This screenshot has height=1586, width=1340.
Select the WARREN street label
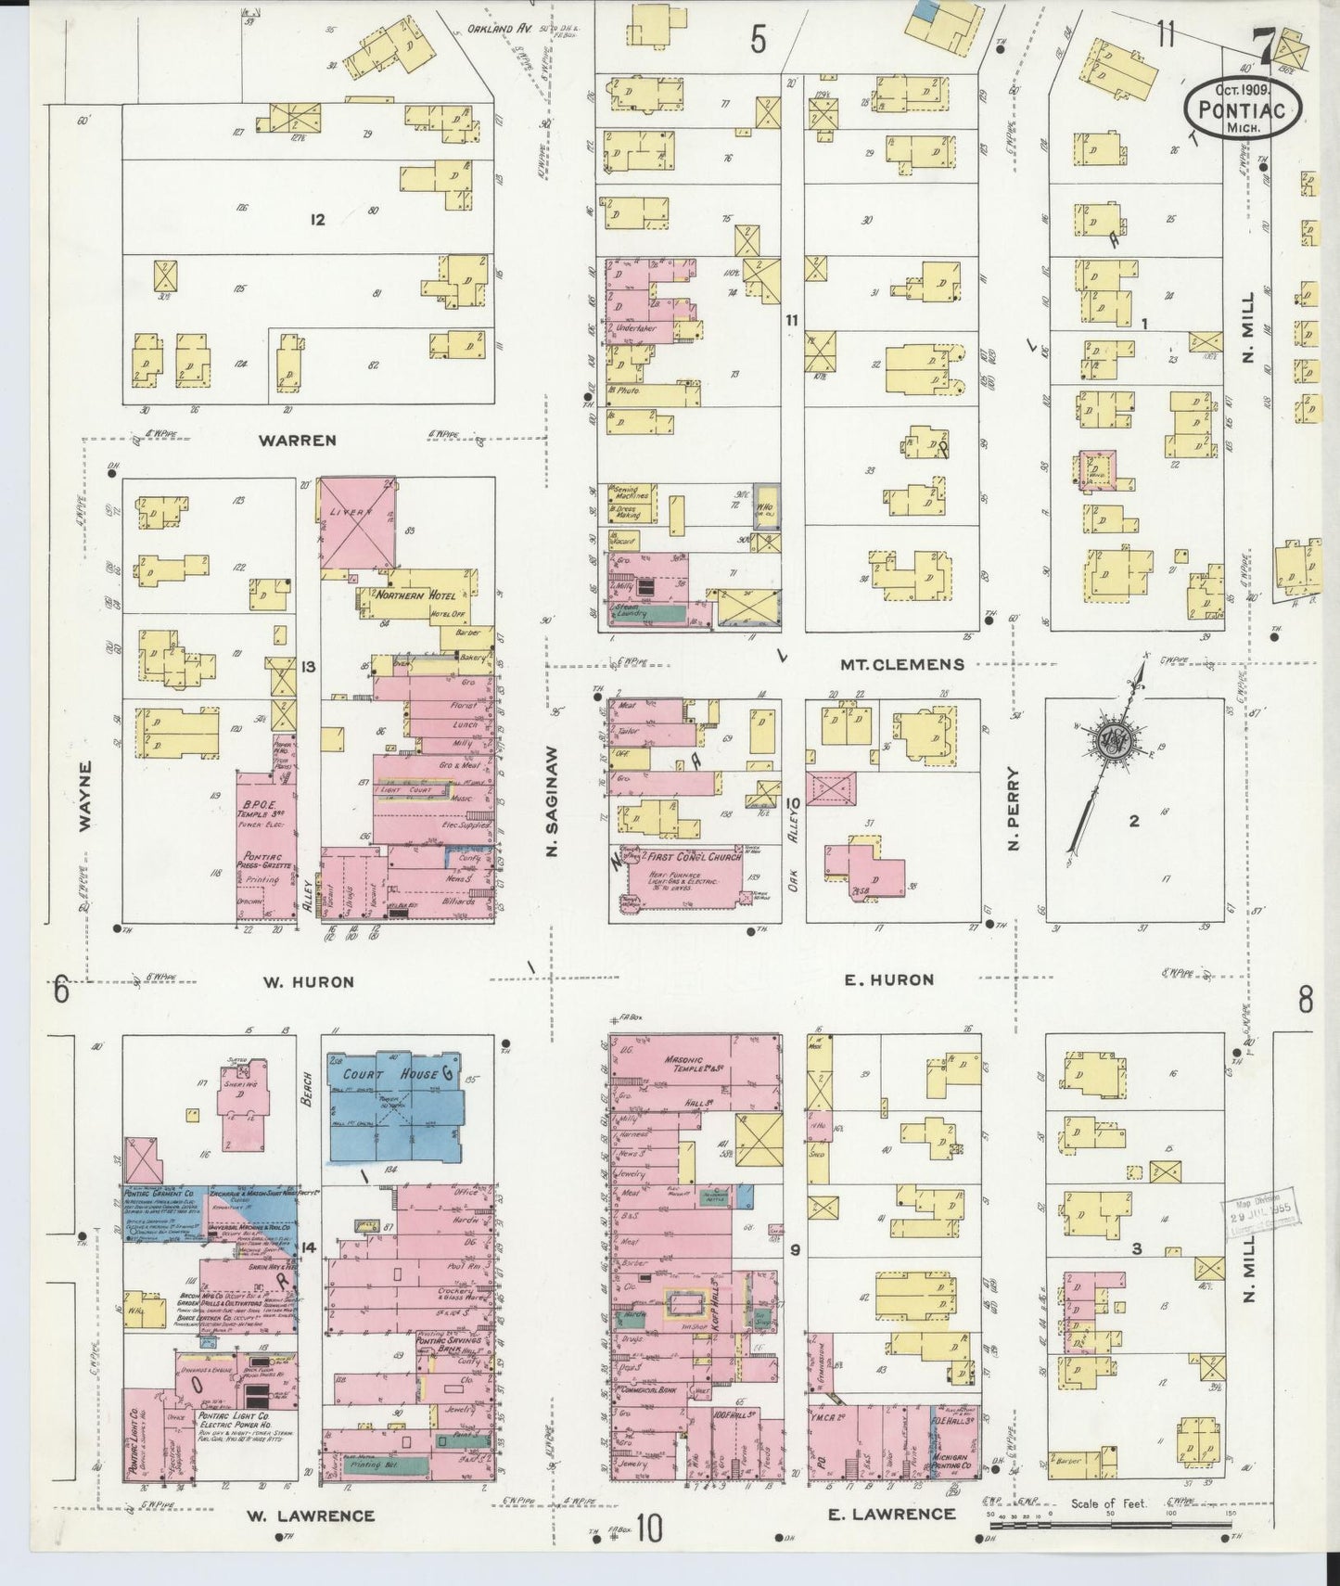point(298,441)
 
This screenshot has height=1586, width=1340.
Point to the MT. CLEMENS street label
point(901,664)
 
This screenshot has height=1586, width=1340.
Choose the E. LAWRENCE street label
point(890,1513)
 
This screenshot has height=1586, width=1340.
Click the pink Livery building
point(358,525)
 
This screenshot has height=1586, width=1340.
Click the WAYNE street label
point(85,796)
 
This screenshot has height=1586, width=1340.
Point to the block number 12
point(318,220)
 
